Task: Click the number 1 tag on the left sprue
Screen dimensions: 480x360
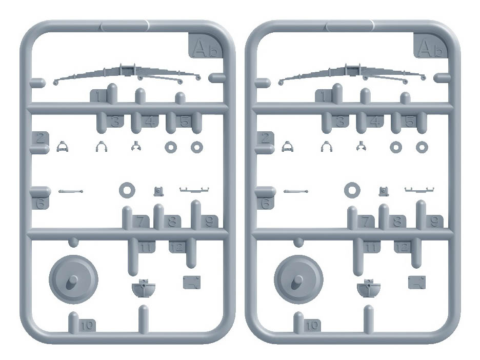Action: (98, 96)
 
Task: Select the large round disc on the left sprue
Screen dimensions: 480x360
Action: (73, 279)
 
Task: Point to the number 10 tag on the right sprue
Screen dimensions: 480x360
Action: (312, 325)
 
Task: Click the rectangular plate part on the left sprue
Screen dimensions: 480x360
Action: (192, 282)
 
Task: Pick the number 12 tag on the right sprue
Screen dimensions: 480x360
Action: (402, 247)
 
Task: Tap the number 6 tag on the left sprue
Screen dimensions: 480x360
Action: (41, 203)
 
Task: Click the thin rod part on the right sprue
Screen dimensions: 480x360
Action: (296, 192)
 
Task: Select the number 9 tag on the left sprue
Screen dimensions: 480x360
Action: (209, 222)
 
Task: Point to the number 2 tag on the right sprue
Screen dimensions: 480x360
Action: (266, 138)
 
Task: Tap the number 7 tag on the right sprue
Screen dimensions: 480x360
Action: (366, 222)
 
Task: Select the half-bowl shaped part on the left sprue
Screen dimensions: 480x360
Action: (144, 288)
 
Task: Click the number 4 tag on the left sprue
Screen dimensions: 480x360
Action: (150, 122)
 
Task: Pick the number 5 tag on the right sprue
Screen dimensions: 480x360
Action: (410, 122)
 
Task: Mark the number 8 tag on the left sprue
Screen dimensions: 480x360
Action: (172, 222)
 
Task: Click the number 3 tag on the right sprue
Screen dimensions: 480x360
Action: (340, 122)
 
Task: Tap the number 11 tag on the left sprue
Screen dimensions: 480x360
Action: (146, 247)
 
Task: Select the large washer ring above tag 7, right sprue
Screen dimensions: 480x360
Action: (352, 190)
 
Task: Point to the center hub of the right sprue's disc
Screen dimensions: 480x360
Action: (297, 282)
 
